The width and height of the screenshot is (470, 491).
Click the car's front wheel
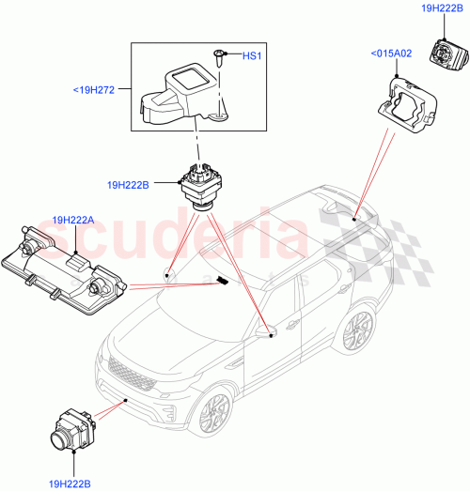coord(213,408)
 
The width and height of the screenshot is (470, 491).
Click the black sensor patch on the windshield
coord(222,280)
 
